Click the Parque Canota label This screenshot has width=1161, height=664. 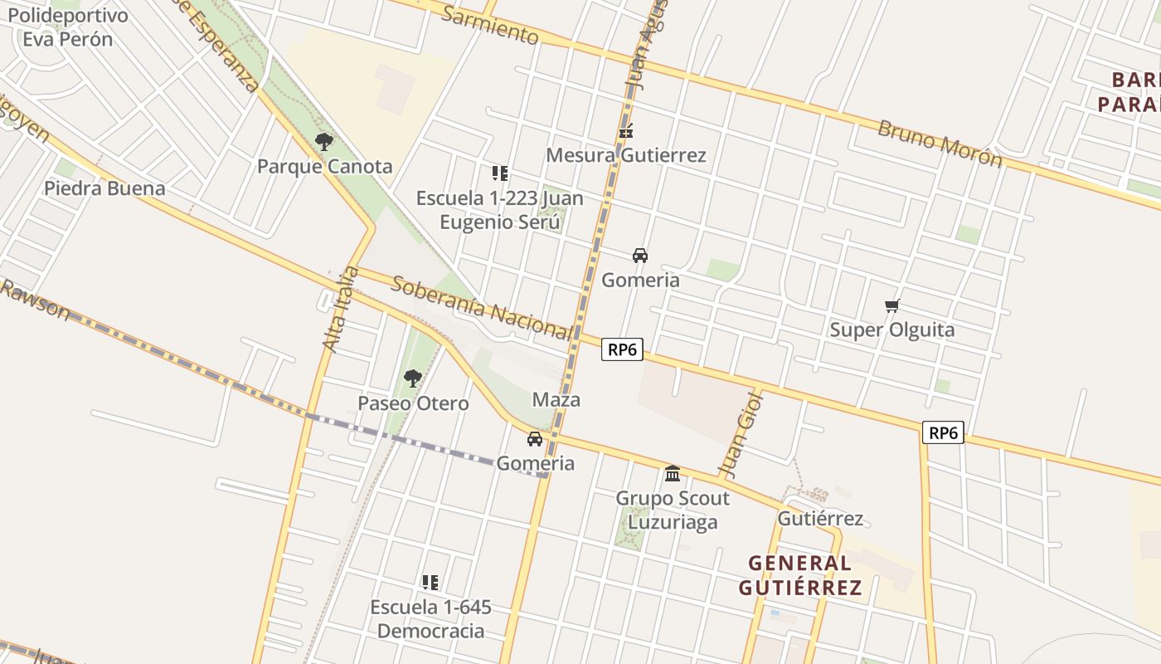pyautogui.click(x=324, y=166)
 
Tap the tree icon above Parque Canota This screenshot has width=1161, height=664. pyautogui.click(x=324, y=142)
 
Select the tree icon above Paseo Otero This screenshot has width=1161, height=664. pyautogui.click(x=412, y=378)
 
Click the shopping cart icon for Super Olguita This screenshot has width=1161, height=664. pyautogui.click(x=892, y=305)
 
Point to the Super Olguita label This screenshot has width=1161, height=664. pyautogui.click(x=892, y=330)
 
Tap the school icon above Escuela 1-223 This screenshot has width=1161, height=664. pyautogui.click(x=499, y=173)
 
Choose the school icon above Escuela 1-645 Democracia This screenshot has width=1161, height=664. pyautogui.click(x=430, y=582)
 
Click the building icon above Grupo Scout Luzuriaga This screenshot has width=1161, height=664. pyautogui.click(x=673, y=473)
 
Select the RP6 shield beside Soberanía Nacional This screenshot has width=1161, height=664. pyautogui.click(x=622, y=349)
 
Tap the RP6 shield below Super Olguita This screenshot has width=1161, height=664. pyautogui.click(x=944, y=432)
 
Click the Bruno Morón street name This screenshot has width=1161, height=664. pyautogui.click(x=940, y=144)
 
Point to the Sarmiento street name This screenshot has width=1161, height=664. pyautogui.click(x=490, y=25)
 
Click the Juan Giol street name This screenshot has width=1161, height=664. pyautogui.click(x=740, y=434)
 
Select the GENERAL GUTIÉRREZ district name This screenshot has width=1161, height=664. pyautogui.click(x=800, y=575)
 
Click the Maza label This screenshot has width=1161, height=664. pyautogui.click(x=556, y=400)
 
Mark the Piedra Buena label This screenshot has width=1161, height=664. pyautogui.click(x=104, y=188)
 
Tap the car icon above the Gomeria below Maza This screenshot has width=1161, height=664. pyautogui.click(x=535, y=438)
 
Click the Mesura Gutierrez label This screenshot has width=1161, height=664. pyautogui.click(x=626, y=155)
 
